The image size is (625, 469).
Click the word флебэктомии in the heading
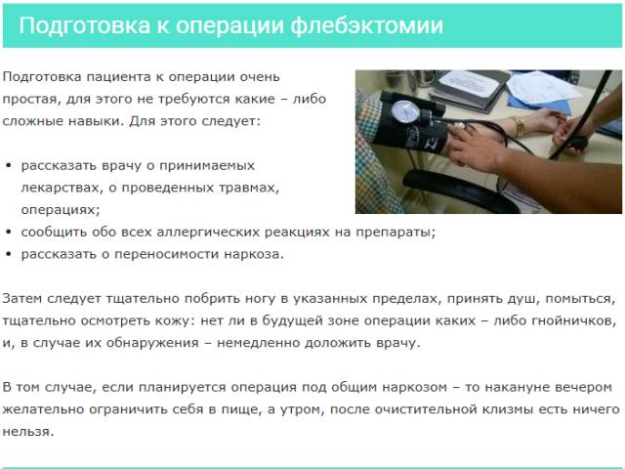pyautogui.click(x=367, y=26)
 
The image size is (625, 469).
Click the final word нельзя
pyautogui.click(x=28, y=432)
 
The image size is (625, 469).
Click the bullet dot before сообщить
pyautogui.click(x=9, y=233)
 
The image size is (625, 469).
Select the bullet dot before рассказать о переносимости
pyautogui.click(x=9, y=254)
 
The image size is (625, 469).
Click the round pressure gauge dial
pyautogui.click(x=405, y=112)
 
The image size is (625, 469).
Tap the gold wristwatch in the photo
pyautogui.click(x=518, y=127)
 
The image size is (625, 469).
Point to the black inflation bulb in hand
pyautogui.click(x=578, y=144)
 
